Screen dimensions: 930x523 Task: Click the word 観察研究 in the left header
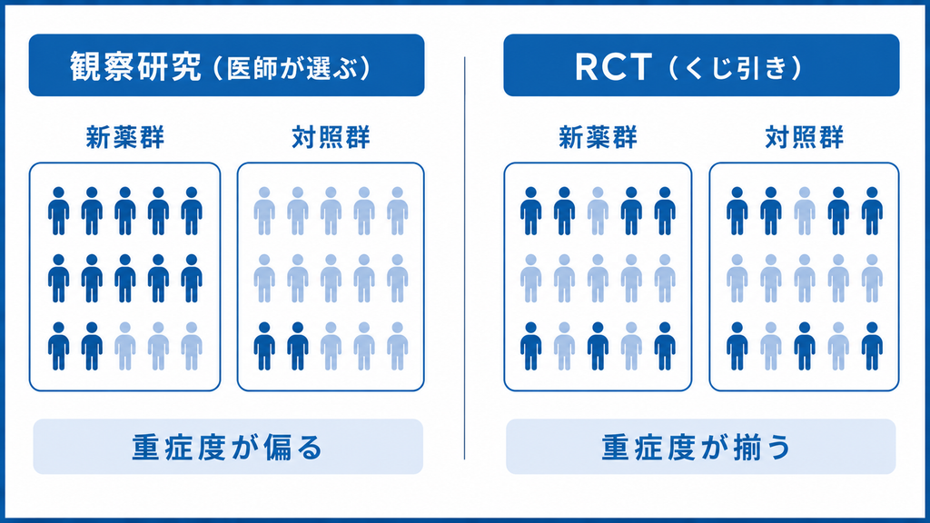pyautogui.click(x=136, y=66)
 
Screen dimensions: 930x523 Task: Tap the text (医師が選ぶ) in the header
pyautogui.click(x=291, y=68)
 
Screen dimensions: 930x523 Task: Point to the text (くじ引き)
pyautogui.click(x=736, y=68)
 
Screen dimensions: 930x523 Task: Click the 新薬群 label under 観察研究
pyautogui.click(x=125, y=138)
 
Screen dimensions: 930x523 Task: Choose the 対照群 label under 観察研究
pyautogui.click(x=331, y=138)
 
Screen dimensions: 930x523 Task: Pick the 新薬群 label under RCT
pyautogui.click(x=598, y=138)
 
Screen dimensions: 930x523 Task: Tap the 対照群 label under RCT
pyautogui.click(x=805, y=138)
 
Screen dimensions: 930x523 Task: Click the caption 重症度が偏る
pyautogui.click(x=227, y=447)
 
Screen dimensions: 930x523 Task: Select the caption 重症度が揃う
pyautogui.click(x=697, y=447)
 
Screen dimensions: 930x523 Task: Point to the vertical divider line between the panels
pyautogui.click(x=464, y=258)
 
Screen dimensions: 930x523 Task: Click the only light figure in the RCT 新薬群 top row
pyautogui.click(x=598, y=211)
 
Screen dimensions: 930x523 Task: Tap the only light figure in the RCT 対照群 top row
pyautogui.click(x=805, y=211)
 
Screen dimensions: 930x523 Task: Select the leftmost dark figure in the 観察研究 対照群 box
pyautogui.click(x=264, y=346)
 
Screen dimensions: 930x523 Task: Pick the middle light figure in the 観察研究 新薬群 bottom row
pyautogui.click(x=158, y=346)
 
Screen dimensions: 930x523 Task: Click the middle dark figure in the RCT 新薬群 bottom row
pyautogui.click(x=598, y=346)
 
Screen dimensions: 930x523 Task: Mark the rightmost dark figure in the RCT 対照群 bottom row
pyautogui.click(x=872, y=346)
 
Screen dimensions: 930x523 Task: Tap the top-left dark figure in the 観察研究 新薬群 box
pyautogui.click(x=59, y=211)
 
